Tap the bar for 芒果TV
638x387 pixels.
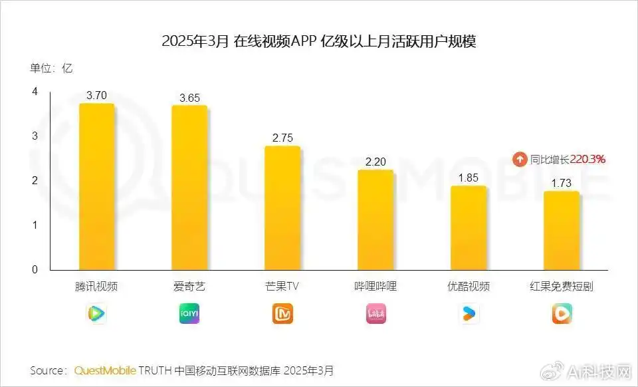click(282, 207)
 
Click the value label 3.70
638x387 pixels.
click(96, 95)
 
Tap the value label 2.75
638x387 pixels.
click(282, 138)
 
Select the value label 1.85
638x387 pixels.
click(469, 178)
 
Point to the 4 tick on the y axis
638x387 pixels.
click(35, 92)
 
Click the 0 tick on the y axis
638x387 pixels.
click(35, 269)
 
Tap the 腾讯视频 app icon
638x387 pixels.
click(96, 313)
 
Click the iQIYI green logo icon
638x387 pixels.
click(189, 313)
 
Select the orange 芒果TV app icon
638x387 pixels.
click(282, 313)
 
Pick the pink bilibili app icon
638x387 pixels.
click(375, 313)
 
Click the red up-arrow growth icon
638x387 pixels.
click(520, 160)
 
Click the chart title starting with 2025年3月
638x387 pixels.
click(319, 41)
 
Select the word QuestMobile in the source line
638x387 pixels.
click(105, 370)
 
